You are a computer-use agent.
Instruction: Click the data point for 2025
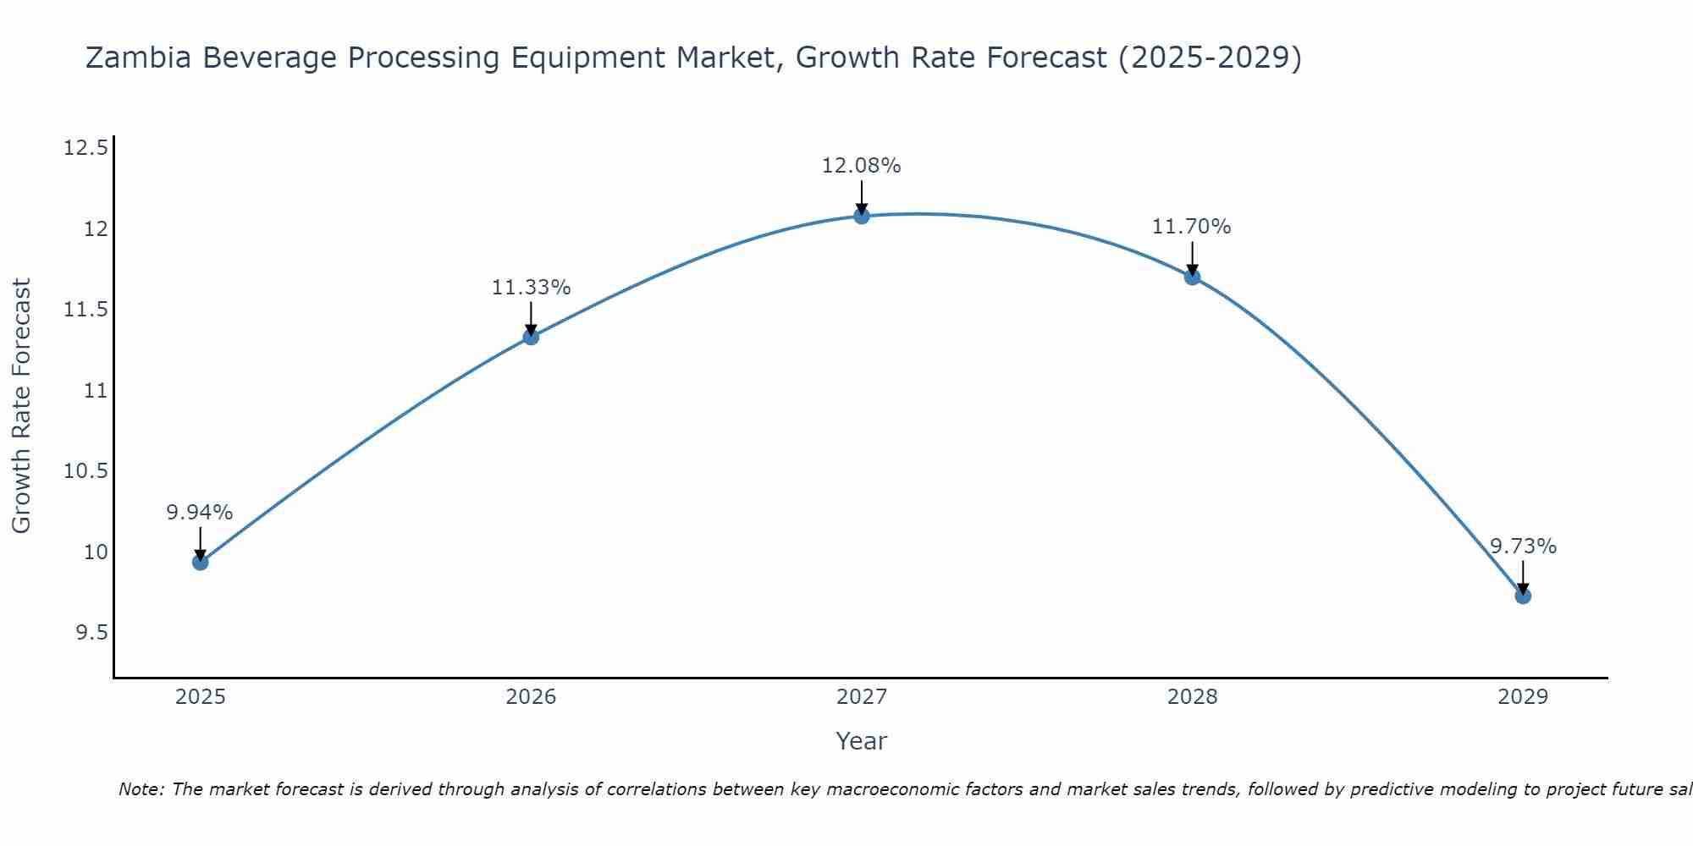coord(201,562)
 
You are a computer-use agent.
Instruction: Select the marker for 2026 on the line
coord(531,337)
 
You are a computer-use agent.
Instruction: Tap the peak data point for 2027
coord(862,216)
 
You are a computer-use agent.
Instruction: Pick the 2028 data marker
coord(1192,277)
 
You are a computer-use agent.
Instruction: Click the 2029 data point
coord(1523,596)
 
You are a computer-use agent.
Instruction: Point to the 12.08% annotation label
coord(862,166)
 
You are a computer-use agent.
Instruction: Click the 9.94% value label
coord(200,513)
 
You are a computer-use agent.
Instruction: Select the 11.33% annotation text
coord(531,288)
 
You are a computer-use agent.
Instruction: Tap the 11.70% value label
coord(1192,227)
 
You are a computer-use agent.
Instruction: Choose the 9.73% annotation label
coord(1523,547)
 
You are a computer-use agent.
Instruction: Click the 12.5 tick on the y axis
coord(86,149)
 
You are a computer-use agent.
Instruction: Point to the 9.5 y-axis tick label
coord(91,633)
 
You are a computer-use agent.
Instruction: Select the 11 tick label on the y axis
coord(97,391)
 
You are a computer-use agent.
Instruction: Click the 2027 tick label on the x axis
coord(862,697)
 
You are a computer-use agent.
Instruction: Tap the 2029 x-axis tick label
coord(1523,697)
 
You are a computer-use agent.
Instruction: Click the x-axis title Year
coord(862,741)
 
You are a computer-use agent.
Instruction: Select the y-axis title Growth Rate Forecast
coord(22,406)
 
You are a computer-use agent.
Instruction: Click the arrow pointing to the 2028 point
coord(1192,257)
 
